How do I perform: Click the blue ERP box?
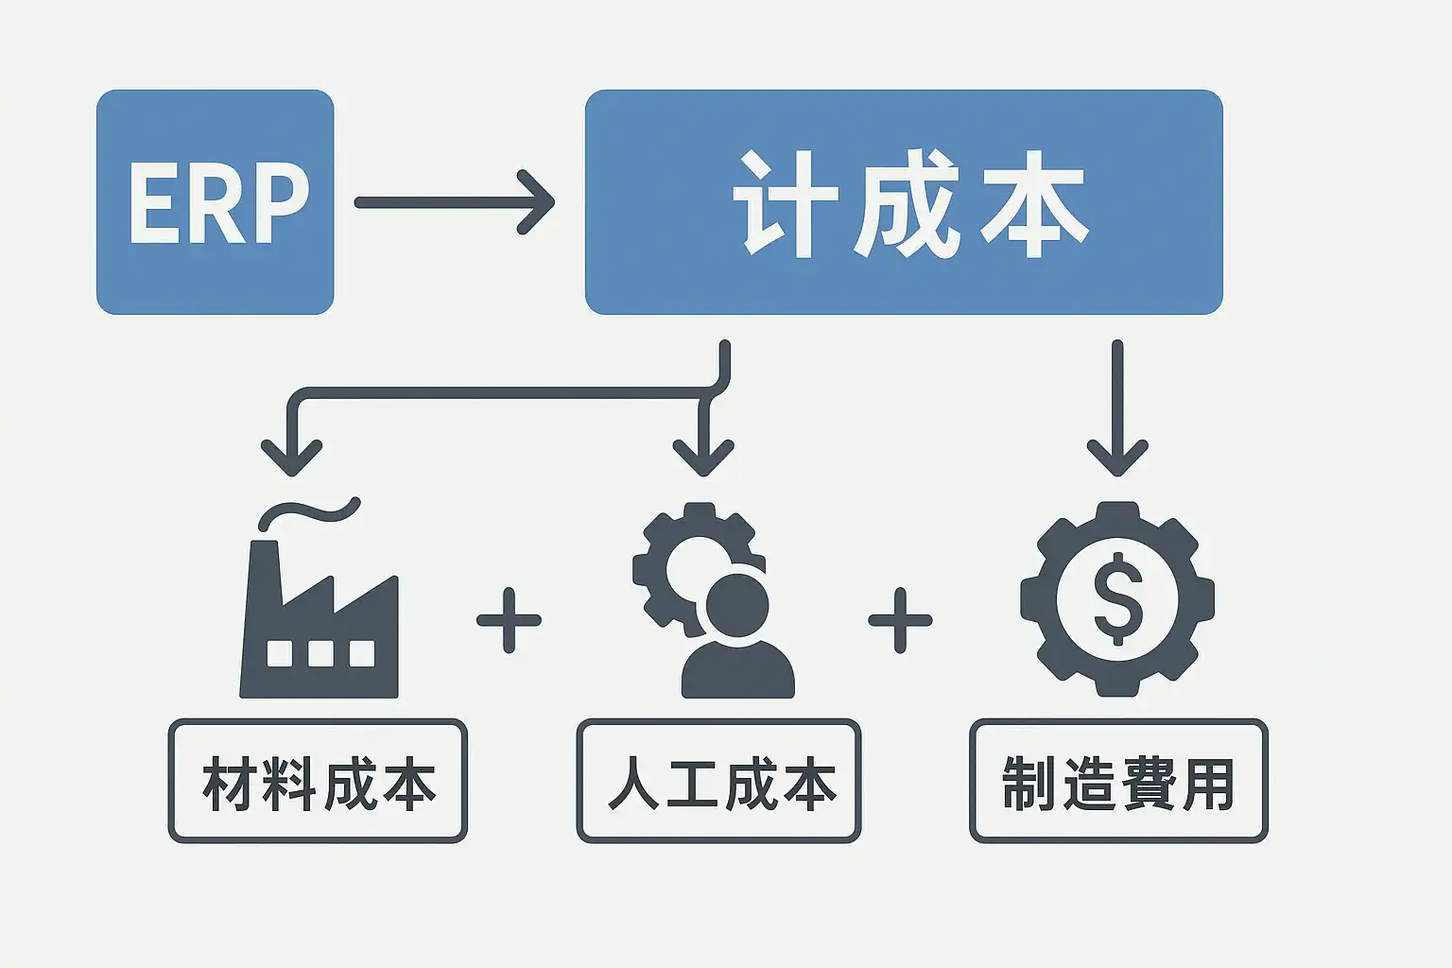click(215, 201)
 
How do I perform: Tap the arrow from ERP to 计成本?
click(454, 201)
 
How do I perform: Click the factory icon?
click(320, 624)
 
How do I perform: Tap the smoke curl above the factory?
click(310, 512)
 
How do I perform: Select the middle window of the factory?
click(320, 653)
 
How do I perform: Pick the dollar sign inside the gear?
click(1117, 598)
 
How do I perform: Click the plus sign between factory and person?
click(509, 620)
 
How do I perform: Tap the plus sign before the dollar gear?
click(900, 620)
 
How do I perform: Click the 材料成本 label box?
click(318, 781)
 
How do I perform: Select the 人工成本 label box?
click(718, 781)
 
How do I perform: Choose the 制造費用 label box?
click(1117, 781)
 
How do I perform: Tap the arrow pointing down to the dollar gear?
click(1117, 416)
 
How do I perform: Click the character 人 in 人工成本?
click(632, 784)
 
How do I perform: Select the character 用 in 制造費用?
click(1208, 784)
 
